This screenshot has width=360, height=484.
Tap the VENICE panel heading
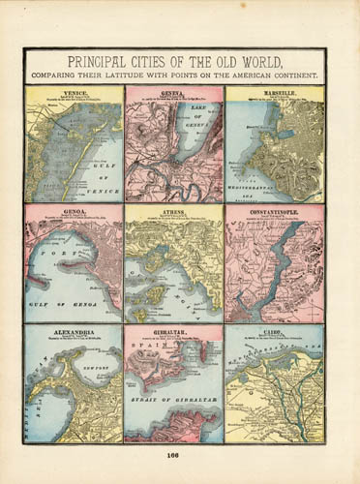(x=74, y=90)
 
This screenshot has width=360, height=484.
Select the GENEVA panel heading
(x=174, y=90)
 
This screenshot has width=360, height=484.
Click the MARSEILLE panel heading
(x=274, y=90)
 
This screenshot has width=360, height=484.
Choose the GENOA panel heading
(x=74, y=208)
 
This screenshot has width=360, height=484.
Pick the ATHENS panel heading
(x=174, y=208)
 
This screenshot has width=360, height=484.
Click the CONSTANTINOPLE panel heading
(x=274, y=208)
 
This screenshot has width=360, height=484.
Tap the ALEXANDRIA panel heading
(x=74, y=329)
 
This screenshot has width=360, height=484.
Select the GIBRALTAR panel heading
(x=174, y=329)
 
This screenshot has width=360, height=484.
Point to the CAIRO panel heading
(x=274, y=329)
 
